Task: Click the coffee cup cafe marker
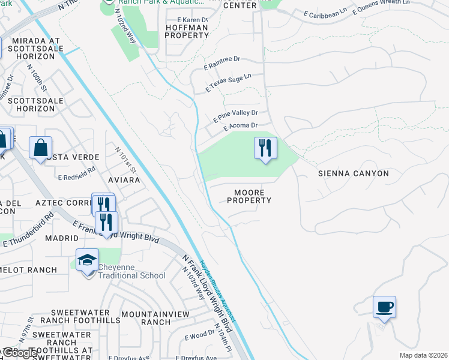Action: click(x=384, y=308)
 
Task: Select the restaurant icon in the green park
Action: click(x=265, y=148)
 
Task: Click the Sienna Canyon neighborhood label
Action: click(x=353, y=173)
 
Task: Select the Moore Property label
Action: click(x=249, y=196)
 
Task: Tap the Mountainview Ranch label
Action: click(x=155, y=318)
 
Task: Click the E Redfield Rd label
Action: click(x=77, y=173)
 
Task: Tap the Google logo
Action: click(x=20, y=353)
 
